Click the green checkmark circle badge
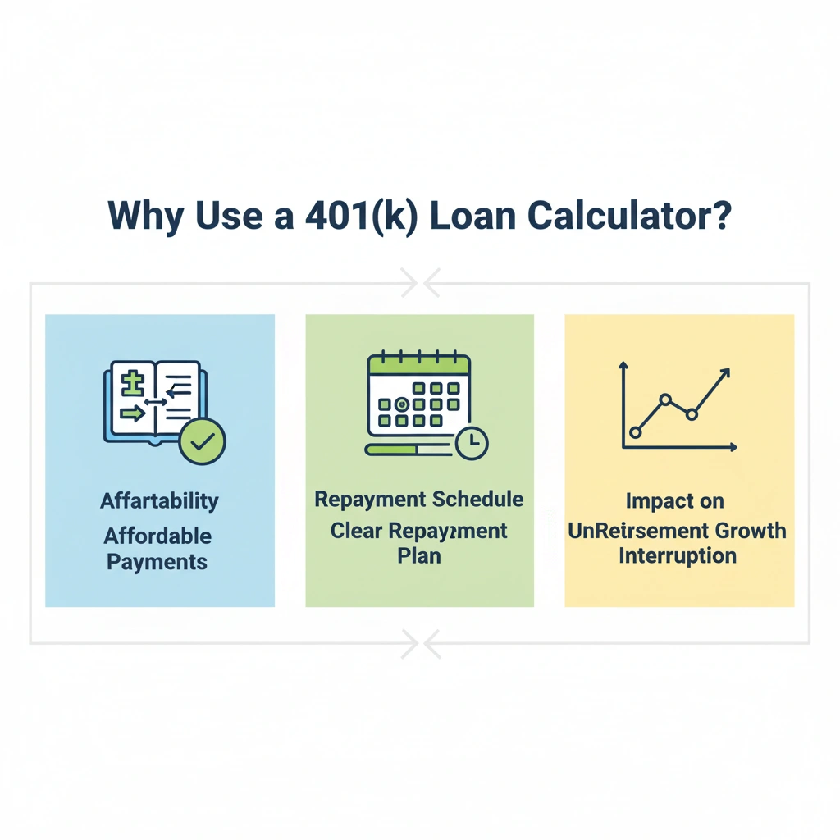(x=202, y=442)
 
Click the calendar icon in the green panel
(x=418, y=395)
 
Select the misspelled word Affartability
(x=160, y=500)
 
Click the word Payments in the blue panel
(x=157, y=563)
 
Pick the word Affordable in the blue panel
(x=157, y=536)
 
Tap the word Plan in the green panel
(x=419, y=555)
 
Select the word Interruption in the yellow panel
(x=678, y=555)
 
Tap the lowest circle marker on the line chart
(x=635, y=431)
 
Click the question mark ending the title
(x=722, y=214)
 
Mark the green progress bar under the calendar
(x=392, y=449)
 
